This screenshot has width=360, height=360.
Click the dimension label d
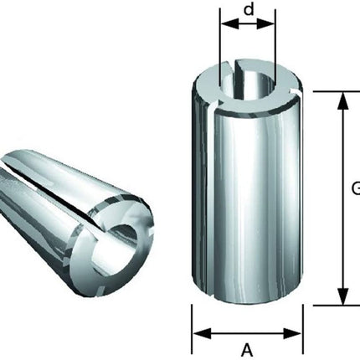click(249, 9)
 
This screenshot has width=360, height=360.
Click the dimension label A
click(247, 350)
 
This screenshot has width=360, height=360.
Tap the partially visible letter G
click(356, 188)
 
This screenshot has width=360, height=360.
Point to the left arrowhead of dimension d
click(229, 24)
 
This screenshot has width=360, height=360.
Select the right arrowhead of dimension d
click(265, 24)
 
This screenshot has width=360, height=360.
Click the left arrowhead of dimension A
click(202, 333)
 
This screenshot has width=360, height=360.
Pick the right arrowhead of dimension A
click(293, 333)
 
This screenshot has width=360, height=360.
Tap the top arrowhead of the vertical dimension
click(343, 101)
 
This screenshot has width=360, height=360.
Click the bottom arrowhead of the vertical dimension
click(343, 296)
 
